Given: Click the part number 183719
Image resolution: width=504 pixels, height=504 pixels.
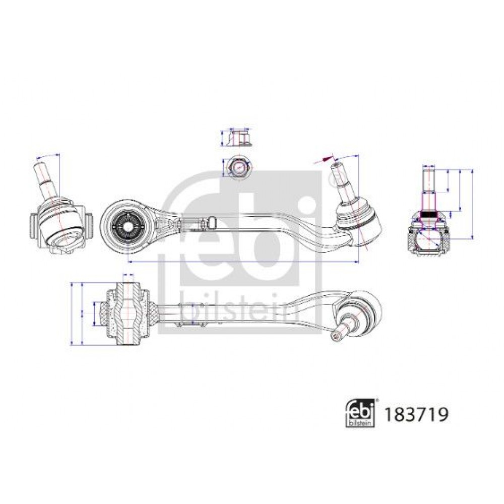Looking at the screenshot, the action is pyautogui.click(x=416, y=414).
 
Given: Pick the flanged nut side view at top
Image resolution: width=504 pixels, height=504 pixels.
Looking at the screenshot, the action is pyautogui.click(x=238, y=138).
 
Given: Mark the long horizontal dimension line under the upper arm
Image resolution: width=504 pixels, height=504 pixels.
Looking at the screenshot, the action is pyautogui.click(x=243, y=262).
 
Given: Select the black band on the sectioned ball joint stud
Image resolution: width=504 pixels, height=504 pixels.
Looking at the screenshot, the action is pyautogui.click(x=428, y=214).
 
